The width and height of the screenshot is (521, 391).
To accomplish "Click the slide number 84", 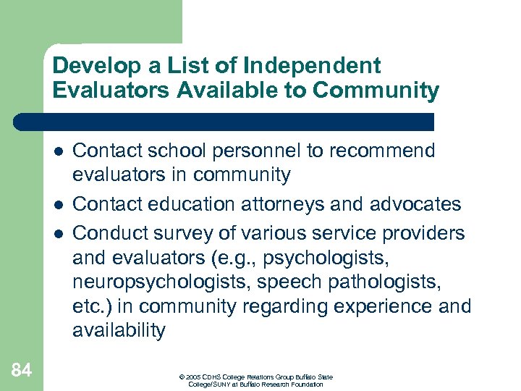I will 22,371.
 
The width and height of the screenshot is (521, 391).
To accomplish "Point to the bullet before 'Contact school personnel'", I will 58,152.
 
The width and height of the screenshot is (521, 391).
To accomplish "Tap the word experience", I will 379,305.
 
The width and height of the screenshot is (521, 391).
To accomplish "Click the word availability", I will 119,331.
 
